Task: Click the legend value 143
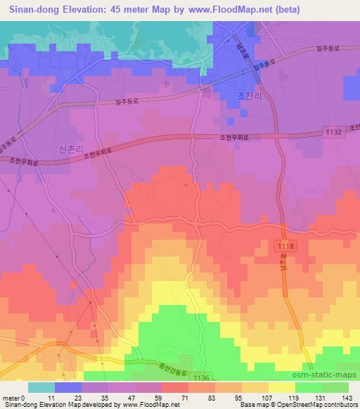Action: click(x=345, y=398)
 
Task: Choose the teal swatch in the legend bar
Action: click(x=41, y=387)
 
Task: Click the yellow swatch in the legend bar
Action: click(x=281, y=387)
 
